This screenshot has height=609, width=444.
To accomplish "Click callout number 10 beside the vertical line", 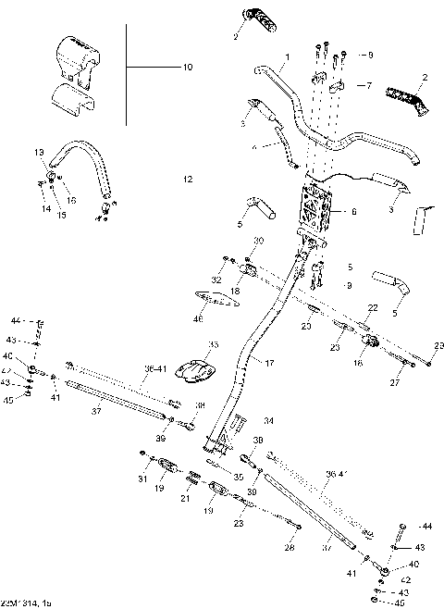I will (188, 68).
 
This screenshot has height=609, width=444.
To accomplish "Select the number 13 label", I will (39, 151).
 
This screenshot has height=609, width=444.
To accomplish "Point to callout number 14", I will (44, 209).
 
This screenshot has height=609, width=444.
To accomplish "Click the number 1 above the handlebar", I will (287, 56).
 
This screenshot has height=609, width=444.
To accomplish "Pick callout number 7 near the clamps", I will (368, 85).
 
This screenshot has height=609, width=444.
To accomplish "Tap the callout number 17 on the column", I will (270, 364).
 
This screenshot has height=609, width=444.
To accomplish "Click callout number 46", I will (198, 319).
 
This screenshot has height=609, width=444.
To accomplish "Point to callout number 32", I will (216, 279).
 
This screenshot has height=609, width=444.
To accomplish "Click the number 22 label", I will (374, 306).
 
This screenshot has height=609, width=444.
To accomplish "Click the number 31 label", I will (142, 478).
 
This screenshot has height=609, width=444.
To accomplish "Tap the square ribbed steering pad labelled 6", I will (317, 212).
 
